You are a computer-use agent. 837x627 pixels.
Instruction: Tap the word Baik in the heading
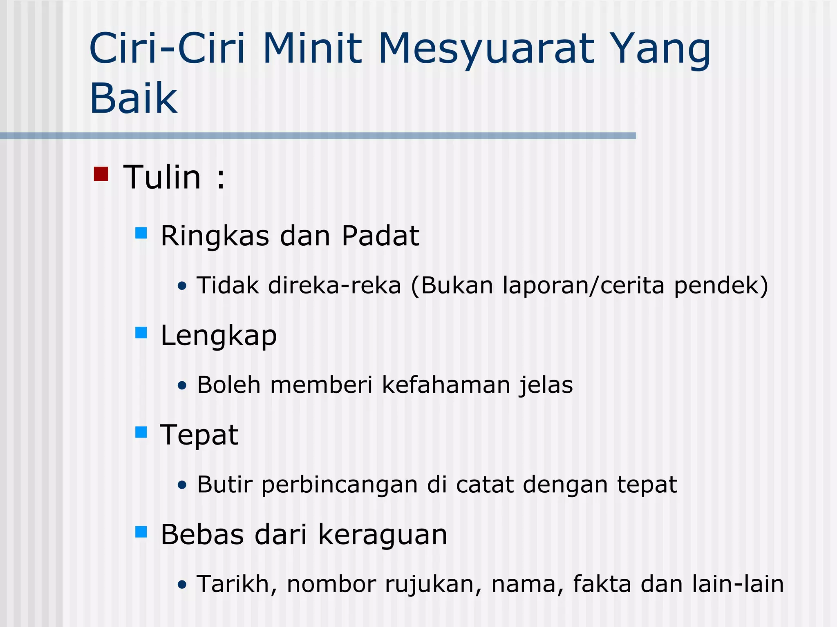[133, 98]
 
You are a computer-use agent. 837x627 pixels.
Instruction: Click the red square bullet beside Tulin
[101, 174]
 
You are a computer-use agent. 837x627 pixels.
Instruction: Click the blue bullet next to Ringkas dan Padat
[141, 233]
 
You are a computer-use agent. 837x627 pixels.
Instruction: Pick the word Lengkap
[219, 336]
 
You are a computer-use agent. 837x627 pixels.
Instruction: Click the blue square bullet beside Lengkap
[141, 333]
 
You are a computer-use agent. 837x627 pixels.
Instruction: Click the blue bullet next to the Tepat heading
[141, 432]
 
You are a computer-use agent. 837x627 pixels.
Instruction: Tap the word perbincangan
[340, 485]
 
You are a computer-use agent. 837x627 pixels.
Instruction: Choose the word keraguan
[383, 535]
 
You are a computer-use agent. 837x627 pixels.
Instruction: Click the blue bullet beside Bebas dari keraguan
[141, 532]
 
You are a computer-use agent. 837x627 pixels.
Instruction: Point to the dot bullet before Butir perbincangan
[182, 485]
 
